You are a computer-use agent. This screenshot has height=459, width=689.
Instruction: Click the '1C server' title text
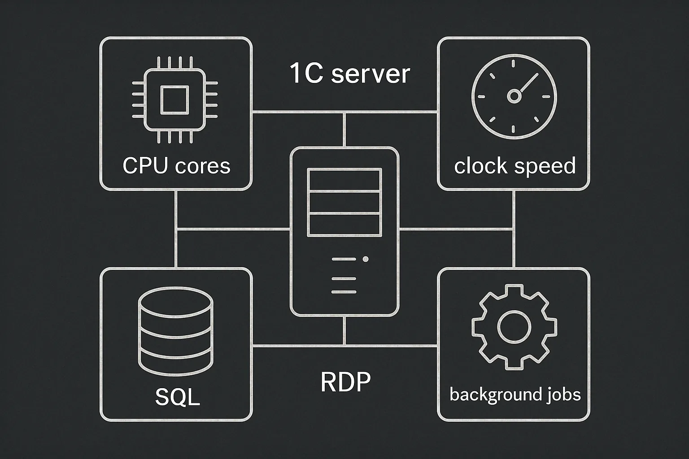click(350, 73)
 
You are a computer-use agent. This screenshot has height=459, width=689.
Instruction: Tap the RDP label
click(345, 381)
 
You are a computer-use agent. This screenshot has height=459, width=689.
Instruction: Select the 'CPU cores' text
click(176, 166)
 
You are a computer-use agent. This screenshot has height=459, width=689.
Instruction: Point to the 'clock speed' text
click(515, 166)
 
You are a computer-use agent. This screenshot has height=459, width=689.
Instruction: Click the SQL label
click(178, 397)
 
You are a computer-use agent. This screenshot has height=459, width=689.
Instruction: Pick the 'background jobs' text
click(515, 395)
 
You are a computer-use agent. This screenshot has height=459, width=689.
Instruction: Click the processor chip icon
click(174, 100)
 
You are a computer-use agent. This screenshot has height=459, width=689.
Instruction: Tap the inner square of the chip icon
click(174, 100)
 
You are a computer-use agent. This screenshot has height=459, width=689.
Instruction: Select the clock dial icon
click(514, 96)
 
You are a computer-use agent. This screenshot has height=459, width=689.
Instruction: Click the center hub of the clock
click(514, 96)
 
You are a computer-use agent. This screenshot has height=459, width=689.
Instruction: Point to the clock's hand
click(529, 82)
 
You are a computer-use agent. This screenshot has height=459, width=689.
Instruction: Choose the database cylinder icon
click(176, 331)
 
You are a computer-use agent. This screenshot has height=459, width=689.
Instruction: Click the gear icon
click(514, 327)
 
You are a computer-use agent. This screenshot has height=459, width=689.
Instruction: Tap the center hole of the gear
click(514, 327)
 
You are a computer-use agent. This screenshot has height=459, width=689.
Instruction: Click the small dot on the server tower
click(366, 259)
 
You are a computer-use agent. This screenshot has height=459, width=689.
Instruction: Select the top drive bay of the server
click(344, 180)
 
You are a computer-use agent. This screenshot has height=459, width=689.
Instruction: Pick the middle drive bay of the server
click(344, 202)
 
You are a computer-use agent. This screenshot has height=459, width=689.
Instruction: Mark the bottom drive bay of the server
click(344, 225)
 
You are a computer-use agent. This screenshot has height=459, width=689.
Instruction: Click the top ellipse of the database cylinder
click(176, 302)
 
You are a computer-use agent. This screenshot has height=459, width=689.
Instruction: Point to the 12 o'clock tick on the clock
click(513, 64)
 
